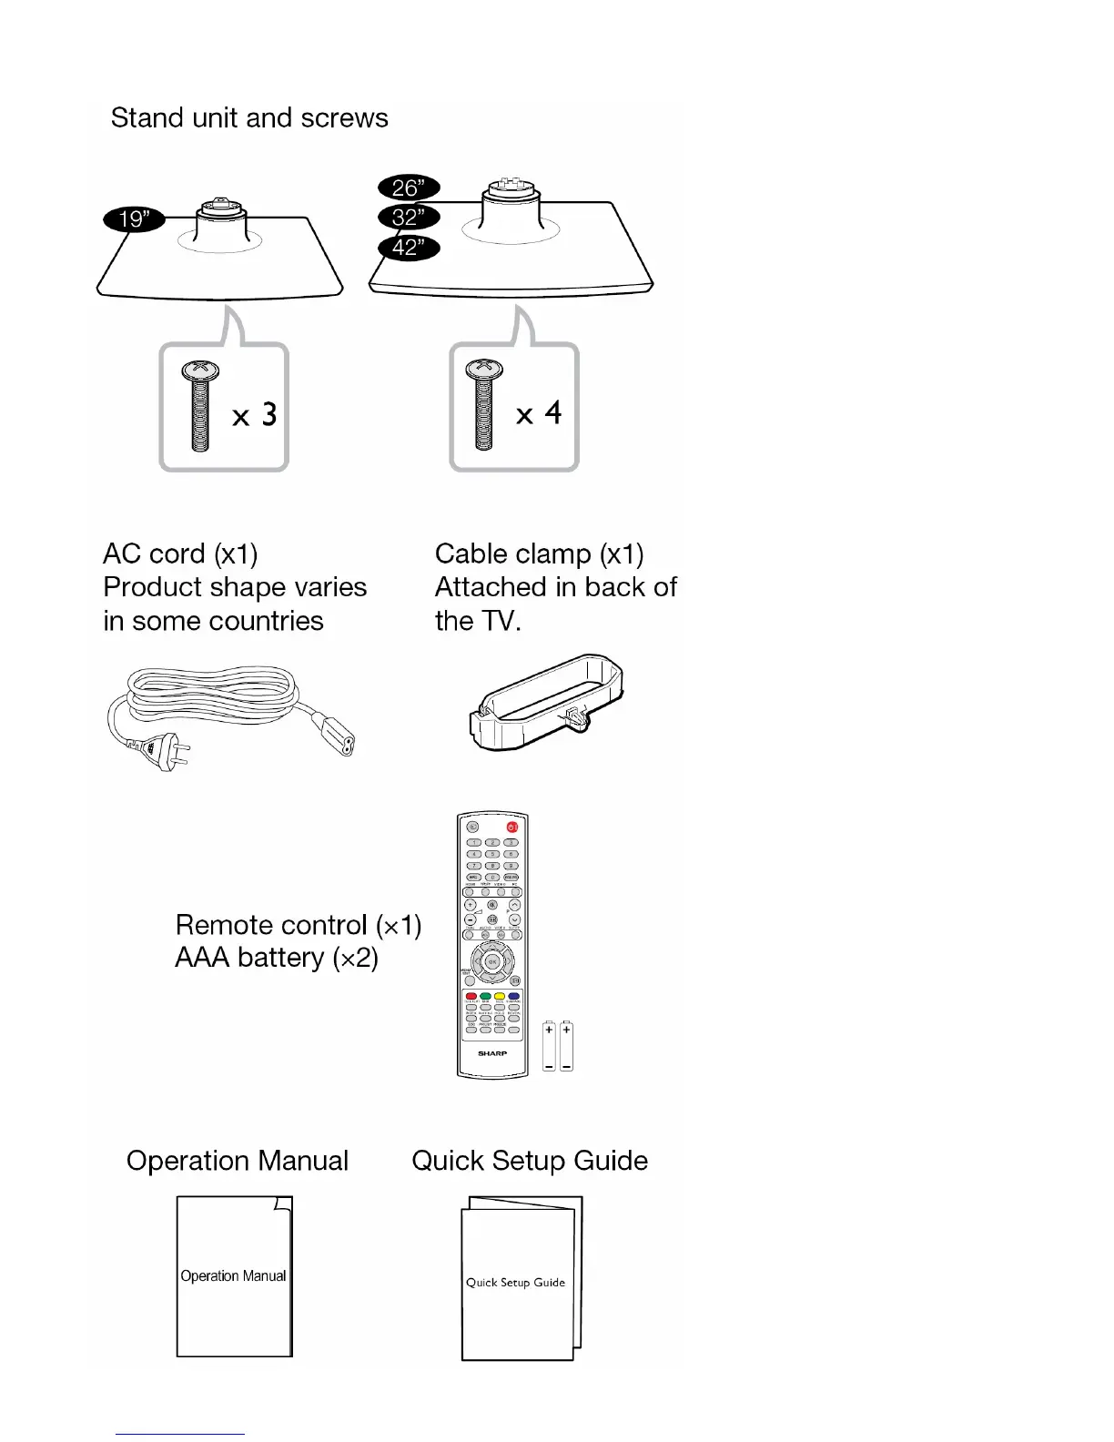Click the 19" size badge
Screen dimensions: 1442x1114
[x=133, y=219]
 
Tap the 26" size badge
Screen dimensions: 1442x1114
[x=408, y=188]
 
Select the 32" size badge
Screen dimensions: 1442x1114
[x=408, y=218]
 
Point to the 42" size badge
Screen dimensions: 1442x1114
[x=408, y=248]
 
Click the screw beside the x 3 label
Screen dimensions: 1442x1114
[x=200, y=405]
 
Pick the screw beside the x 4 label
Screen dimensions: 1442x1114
[x=483, y=405]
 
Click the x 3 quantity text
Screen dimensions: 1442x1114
[x=254, y=416]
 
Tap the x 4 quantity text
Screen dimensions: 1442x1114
[x=539, y=414]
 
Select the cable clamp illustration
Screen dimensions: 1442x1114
[x=546, y=700]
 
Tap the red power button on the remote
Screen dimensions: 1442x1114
[x=511, y=827]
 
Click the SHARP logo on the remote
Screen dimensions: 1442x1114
[x=492, y=1053]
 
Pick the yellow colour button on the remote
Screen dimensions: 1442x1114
[x=500, y=997]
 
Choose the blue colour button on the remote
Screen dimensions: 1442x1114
[x=514, y=997]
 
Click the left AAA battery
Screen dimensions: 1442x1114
[x=549, y=1046]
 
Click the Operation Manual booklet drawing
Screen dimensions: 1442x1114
[x=234, y=1276]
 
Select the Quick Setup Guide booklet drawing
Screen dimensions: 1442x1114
[x=519, y=1280]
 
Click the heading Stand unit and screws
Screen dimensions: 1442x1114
[x=249, y=118]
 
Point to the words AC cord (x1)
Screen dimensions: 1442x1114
[x=180, y=553]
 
